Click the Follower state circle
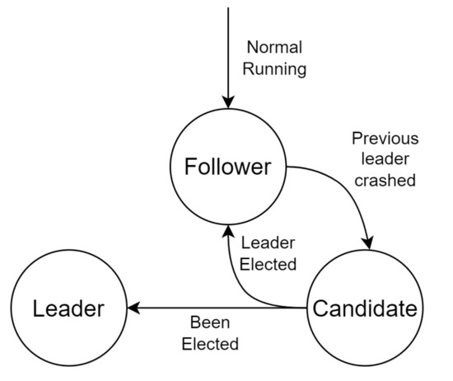coord(226,167)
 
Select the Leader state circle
coord(68,309)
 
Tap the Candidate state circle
coord(363,309)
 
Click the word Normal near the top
coord(274,48)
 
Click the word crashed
coord(385,180)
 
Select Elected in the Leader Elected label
coord(268,265)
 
